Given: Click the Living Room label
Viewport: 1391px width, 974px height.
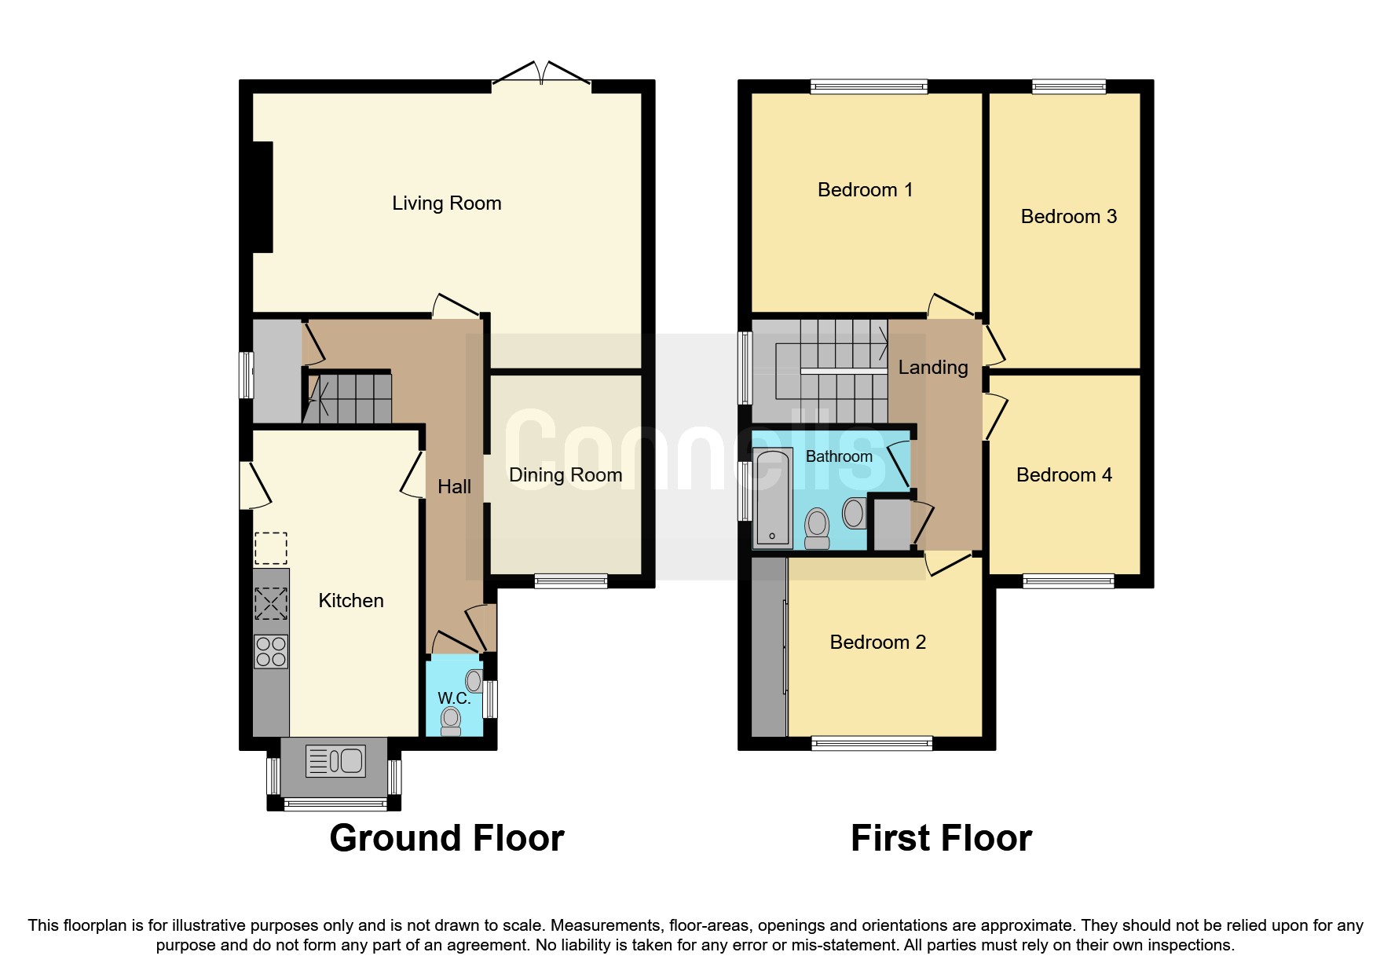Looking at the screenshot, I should [446, 203].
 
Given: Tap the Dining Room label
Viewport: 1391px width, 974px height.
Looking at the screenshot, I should [566, 475].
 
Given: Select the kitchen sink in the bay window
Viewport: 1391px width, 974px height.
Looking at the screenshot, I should [335, 760].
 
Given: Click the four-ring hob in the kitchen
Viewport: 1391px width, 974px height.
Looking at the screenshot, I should [271, 652].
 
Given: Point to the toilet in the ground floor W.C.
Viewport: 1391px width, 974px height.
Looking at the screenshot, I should [451, 720].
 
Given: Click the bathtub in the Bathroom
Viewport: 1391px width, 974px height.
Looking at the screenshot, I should [773, 497].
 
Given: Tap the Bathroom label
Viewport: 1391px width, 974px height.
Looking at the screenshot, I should [839, 456].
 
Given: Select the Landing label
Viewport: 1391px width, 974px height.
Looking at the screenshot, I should [932, 368].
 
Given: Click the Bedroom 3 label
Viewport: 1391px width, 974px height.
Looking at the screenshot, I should [1068, 217].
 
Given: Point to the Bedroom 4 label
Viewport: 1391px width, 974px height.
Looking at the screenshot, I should [1063, 475].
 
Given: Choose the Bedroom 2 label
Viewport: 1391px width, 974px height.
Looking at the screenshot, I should [877, 643].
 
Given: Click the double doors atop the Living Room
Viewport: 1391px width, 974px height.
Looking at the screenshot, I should [541, 74].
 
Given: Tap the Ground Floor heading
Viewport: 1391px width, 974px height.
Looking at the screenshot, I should [446, 838].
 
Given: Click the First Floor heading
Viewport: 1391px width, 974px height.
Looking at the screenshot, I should [941, 838].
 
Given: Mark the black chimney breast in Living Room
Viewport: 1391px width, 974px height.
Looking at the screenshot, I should [262, 197].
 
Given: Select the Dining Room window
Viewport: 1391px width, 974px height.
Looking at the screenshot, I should [571, 581].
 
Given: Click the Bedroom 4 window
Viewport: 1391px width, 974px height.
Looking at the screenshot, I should [1068, 581].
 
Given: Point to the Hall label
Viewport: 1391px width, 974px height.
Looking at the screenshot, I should [454, 487].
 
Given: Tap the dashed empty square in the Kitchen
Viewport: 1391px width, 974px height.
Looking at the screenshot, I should [271, 548].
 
